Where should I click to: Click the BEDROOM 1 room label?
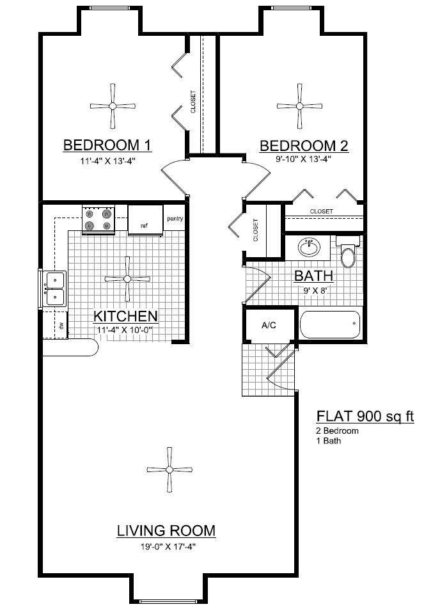[107, 145]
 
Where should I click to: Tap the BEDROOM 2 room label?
[304, 146]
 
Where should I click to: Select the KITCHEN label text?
[125, 316]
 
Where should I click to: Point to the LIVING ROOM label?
[166, 530]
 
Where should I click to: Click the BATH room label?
[313, 276]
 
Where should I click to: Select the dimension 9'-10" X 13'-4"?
[304, 160]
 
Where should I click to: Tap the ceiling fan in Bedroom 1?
[113, 106]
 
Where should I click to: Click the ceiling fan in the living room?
[169, 470]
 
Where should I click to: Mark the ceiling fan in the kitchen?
[127, 278]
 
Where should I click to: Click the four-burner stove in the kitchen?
[98, 219]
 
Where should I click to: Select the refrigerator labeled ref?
[145, 221]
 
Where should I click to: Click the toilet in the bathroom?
[349, 253]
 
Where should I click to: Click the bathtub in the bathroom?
[331, 324]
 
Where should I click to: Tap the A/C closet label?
[269, 325]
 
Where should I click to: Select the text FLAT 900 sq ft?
[365, 416]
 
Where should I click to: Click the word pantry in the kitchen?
[175, 219]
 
